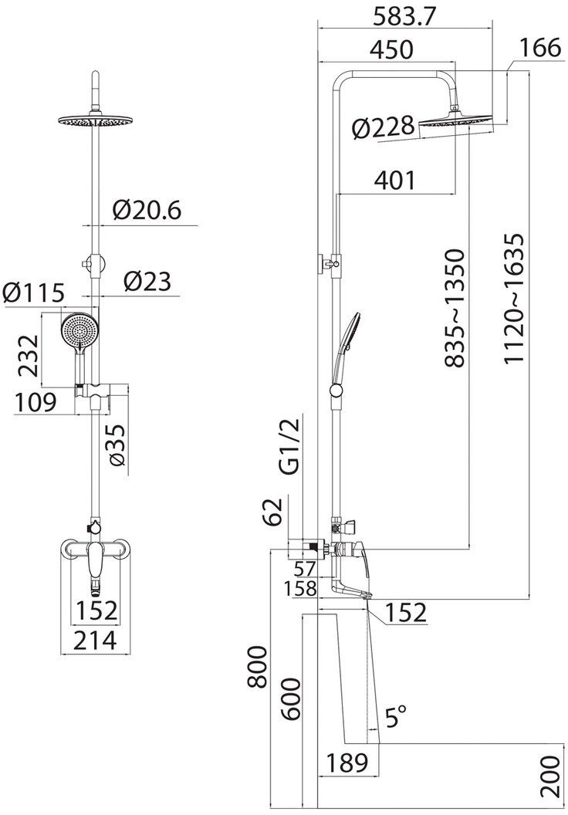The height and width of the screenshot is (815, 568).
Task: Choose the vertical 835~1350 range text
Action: (454, 307)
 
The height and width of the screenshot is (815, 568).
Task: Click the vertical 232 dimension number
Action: (27, 355)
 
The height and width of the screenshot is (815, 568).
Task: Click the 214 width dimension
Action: (95, 639)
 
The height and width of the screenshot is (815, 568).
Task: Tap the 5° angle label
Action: (395, 720)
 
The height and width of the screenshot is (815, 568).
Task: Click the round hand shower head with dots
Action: (78, 333)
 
